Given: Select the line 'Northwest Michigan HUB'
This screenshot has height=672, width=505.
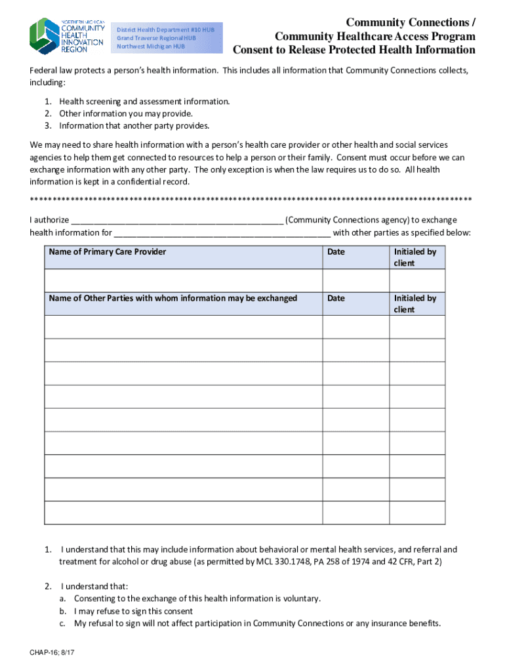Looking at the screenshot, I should pos(150,46).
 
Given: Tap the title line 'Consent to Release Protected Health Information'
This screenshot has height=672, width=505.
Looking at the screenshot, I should pos(354,50).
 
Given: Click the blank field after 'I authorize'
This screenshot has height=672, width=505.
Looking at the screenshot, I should pos(176,220).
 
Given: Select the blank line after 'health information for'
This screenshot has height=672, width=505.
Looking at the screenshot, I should pos(222,232).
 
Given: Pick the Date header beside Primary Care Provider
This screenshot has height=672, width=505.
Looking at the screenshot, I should pos(336,252).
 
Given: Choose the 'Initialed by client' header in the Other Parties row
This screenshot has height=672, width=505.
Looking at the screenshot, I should pos(414,304).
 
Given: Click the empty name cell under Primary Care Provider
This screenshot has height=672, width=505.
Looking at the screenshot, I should pos(183,280).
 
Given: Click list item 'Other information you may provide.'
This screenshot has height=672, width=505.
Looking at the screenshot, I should pos(126,114).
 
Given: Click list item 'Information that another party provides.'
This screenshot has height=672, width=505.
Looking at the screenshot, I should pos(134,125).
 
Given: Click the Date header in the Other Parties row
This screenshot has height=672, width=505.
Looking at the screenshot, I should pos(336,299).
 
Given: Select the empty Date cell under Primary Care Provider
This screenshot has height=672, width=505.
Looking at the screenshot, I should pos(355,280).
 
